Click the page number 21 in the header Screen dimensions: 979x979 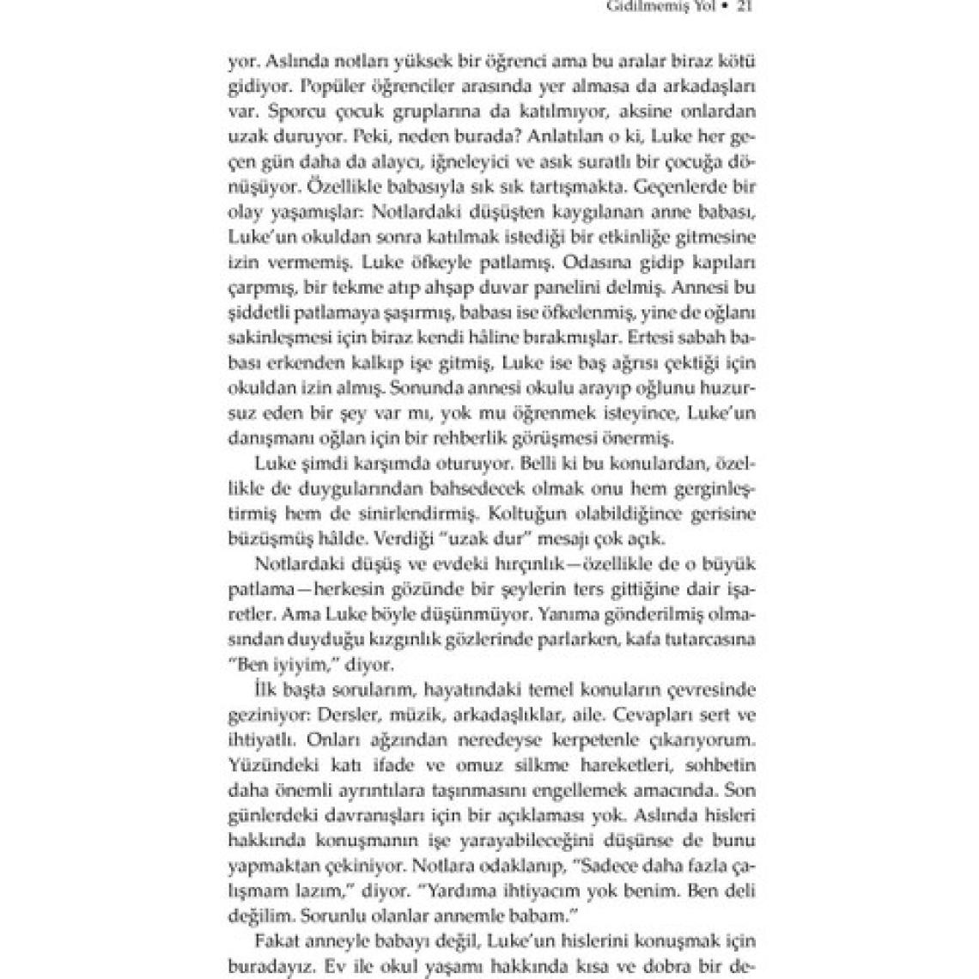click(745, 8)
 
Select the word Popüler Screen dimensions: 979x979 click(307, 87)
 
